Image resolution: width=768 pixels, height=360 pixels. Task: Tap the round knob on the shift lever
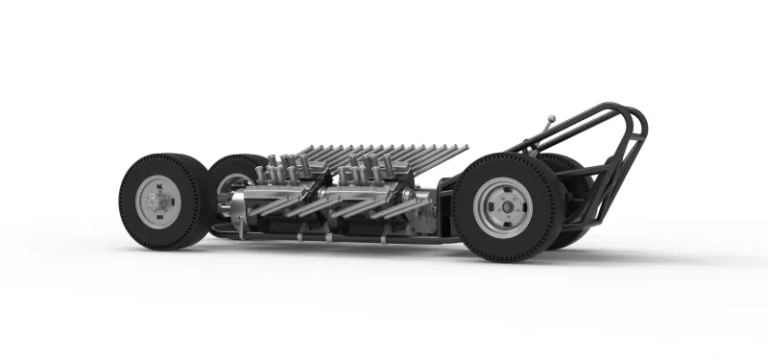point(550,120)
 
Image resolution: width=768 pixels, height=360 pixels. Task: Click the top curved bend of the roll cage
point(629,113)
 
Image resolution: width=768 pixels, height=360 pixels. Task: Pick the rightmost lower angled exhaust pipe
point(413,207)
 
